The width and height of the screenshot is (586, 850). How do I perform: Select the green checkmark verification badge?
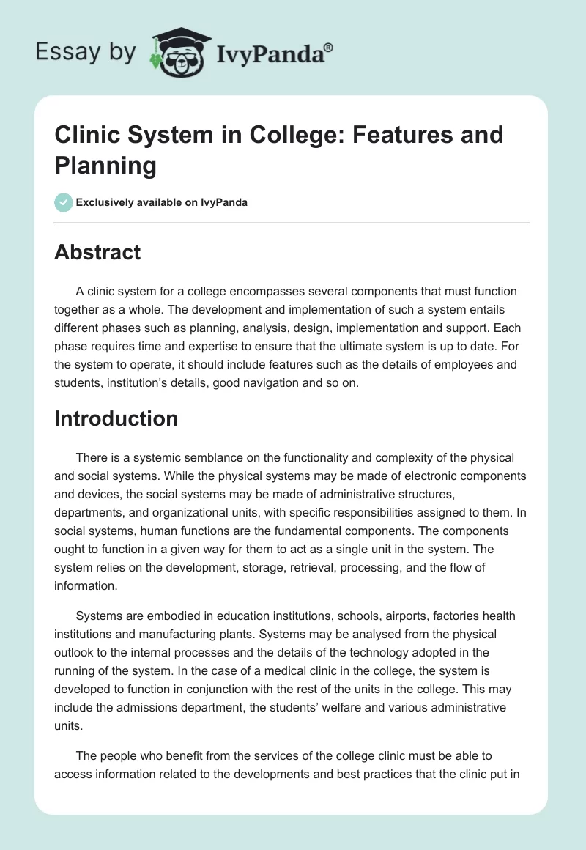click(64, 202)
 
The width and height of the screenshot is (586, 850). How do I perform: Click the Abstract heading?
click(97, 252)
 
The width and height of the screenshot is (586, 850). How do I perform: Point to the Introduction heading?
click(116, 418)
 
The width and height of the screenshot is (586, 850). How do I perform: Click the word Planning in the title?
click(105, 166)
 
